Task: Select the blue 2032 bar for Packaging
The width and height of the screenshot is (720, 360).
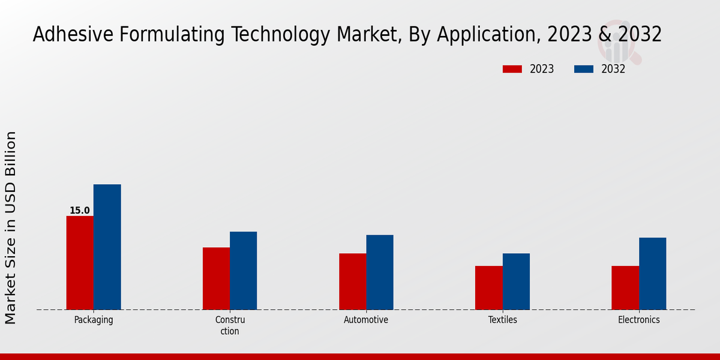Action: (107, 247)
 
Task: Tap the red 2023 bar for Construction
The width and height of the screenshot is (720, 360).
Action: (216, 278)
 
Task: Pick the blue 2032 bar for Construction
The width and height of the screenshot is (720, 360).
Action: (243, 271)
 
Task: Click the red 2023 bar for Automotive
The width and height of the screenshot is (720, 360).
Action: (352, 281)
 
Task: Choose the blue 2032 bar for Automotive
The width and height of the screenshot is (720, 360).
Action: (380, 272)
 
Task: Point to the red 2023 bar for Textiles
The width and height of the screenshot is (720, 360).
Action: (488, 288)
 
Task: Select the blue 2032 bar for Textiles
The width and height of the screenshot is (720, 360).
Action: (516, 281)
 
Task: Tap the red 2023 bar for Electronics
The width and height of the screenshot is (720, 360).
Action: (625, 288)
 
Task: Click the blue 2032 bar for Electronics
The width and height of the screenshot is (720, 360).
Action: (652, 274)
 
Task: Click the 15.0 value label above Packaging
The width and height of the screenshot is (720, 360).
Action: (80, 211)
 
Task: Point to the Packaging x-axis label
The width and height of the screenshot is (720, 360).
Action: (94, 320)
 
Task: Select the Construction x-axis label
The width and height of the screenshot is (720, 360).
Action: (230, 325)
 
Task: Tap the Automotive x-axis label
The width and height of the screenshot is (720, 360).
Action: (366, 320)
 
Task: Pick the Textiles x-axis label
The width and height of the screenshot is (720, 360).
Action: (502, 320)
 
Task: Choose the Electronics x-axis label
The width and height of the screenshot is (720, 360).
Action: (639, 320)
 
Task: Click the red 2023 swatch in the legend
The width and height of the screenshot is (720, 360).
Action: (512, 69)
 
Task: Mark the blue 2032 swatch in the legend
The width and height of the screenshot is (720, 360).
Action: (584, 69)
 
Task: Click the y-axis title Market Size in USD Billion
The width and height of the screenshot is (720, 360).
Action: (11, 228)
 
